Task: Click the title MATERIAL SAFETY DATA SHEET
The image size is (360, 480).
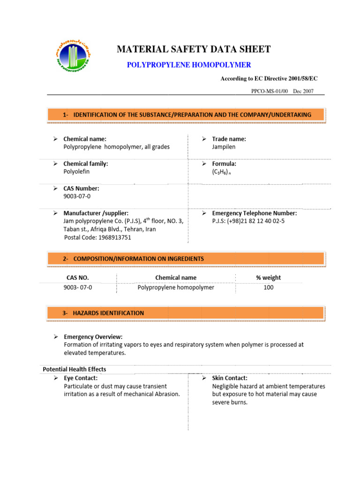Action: tap(193, 49)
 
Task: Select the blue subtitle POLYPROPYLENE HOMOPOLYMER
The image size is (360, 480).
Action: tap(189, 65)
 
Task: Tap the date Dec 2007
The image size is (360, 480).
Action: tap(303, 91)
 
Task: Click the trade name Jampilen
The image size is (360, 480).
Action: tap(224, 147)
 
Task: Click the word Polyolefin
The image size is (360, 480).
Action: tap(76, 172)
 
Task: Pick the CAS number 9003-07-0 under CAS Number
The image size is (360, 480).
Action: tap(77, 196)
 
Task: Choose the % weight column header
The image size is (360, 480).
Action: tap(268, 277)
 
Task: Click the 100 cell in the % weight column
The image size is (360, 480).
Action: tap(268, 287)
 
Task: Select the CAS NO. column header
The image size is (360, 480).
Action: tap(77, 277)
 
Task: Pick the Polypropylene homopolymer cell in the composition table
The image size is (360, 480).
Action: tap(176, 287)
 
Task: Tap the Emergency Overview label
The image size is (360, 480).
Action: tap(93, 337)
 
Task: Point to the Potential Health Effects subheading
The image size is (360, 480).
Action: tap(75, 369)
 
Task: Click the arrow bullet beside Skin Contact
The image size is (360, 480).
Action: tap(204, 378)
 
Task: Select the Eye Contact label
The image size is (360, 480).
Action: tap(80, 378)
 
